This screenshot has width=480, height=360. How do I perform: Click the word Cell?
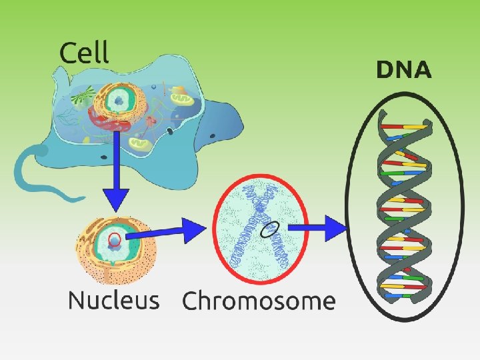coord(84,52)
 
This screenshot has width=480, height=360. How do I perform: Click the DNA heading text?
coord(403,70)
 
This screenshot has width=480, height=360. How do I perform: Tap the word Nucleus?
coord(113,301)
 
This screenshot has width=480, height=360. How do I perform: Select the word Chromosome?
coord(258,301)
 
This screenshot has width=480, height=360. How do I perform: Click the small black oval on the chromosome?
coord(269,229)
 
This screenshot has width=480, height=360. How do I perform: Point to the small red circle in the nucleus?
coord(115,239)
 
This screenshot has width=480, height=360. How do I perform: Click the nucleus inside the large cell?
coord(119,101)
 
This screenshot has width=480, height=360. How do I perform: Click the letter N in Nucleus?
coord(77,301)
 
